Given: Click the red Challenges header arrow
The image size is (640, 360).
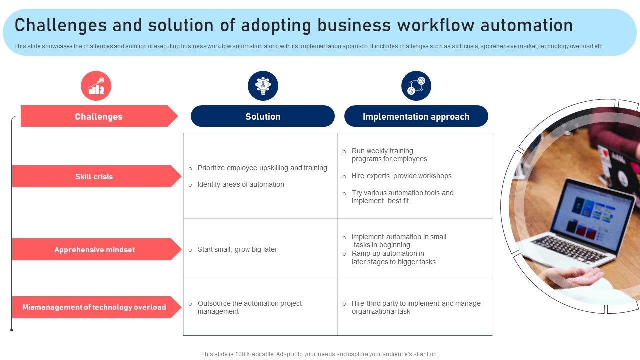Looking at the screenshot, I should tap(98, 116).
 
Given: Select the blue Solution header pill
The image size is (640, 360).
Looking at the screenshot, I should tap(262, 116).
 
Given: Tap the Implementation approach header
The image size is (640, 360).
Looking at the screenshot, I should tap(416, 116).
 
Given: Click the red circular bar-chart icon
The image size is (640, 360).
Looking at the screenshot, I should tap(96, 86).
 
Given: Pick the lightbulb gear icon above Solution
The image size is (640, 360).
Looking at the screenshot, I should tap(263, 86).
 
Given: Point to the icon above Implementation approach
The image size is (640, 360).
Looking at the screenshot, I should tap(416, 86).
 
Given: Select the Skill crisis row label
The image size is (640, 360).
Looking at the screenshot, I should tap(94, 176).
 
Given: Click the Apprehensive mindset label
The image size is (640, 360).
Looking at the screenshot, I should tap(94, 249).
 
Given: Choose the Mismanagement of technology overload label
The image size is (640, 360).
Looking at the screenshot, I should tap(94, 307).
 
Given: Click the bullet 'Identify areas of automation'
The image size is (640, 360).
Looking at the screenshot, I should tap(240, 184).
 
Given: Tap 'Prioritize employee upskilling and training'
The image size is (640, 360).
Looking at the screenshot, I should tap(262, 168).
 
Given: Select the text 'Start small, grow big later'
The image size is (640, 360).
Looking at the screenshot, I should tap(237, 249).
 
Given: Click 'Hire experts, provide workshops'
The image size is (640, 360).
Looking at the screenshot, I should tap(401, 176).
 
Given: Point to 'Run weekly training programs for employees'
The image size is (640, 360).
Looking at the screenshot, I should tap(389, 155).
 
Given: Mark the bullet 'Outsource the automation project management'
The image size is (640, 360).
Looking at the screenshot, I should tap(249, 307).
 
